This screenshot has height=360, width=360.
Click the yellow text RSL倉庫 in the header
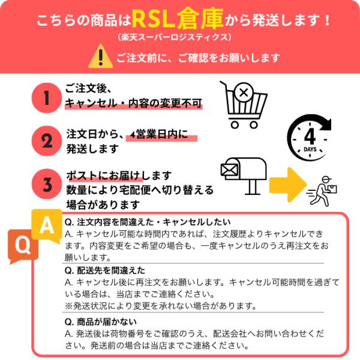(178, 19)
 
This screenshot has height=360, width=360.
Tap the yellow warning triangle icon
(101, 56)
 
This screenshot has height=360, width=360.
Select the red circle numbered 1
(47, 98)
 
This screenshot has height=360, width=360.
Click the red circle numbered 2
(47, 141)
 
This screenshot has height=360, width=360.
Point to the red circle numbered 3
(47, 184)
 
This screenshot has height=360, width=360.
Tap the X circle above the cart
(244, 92)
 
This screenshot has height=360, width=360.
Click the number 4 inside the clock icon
(310, 136)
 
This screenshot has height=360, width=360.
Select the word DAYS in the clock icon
(310, 149)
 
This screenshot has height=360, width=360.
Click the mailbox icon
(244, 176)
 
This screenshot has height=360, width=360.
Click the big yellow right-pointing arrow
(288, 185)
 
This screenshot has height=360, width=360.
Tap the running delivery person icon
(322, 191)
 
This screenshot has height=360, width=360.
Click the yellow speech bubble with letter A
(47, 226)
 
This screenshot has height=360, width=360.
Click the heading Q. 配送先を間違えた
(104, 271)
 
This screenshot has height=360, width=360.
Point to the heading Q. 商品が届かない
(101, 322)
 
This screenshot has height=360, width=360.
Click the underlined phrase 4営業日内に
(159, 134)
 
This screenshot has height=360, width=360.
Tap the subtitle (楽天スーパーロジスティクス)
(175, 37)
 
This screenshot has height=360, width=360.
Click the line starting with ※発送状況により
(160, 306)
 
